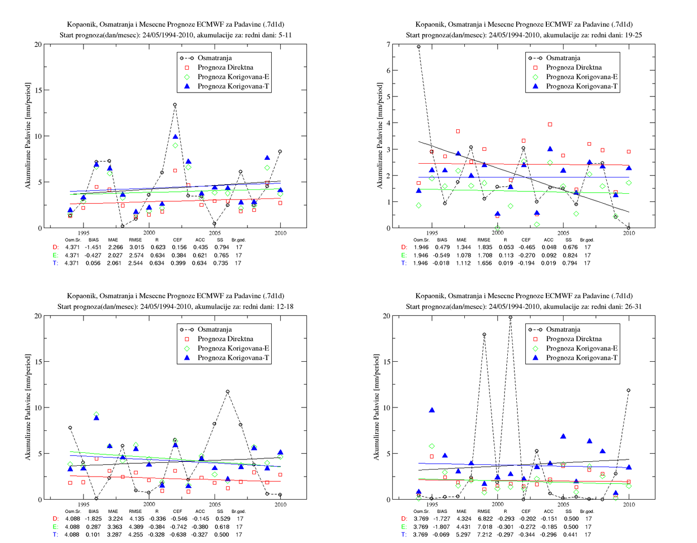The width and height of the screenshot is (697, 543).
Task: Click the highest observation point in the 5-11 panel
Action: (x=175, y=104)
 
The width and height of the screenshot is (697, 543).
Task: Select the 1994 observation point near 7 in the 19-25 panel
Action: (x=419, y=47)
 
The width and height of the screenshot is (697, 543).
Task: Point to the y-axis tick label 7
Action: (x=389, y=44)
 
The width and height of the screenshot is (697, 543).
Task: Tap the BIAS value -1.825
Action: (x=93, y=519)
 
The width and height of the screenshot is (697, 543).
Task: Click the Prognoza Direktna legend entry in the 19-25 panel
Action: (x=574, y=67)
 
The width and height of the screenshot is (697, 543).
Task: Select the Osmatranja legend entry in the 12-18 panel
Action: (x=215, y=329)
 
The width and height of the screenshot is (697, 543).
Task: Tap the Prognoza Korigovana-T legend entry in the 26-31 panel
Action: (x=582, y=357)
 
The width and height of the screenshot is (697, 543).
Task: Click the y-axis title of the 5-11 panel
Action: (x=28, y=136)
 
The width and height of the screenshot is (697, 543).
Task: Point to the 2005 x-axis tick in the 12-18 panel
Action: (x=215, y=504)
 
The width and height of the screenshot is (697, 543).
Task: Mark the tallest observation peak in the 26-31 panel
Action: (x=511, y=317)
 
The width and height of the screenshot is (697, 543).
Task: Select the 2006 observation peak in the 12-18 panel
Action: (x=227, y=392)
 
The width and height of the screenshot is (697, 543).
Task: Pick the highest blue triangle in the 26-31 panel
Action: (x=432, y=410)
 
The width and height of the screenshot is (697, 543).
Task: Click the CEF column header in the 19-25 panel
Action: (x=526, y=240)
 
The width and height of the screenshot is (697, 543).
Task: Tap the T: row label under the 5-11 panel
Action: (x=55, y=263)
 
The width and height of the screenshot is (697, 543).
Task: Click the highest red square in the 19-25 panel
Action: (x=550, y=125)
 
